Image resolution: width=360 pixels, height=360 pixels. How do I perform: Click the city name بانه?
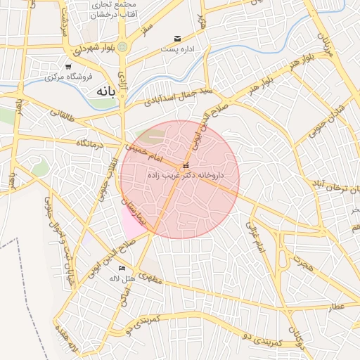point(105,91)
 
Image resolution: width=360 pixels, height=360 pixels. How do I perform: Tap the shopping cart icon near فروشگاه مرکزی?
point(67,67)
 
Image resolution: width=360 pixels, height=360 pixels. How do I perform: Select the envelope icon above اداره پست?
point(177,39)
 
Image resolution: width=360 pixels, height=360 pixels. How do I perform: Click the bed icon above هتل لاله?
point(122,268)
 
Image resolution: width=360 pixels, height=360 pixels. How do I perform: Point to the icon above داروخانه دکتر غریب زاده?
point(185,166)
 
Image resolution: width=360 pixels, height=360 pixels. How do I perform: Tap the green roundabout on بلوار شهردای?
point(123,47)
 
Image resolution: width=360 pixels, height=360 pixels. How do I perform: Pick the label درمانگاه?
point(91,143)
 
